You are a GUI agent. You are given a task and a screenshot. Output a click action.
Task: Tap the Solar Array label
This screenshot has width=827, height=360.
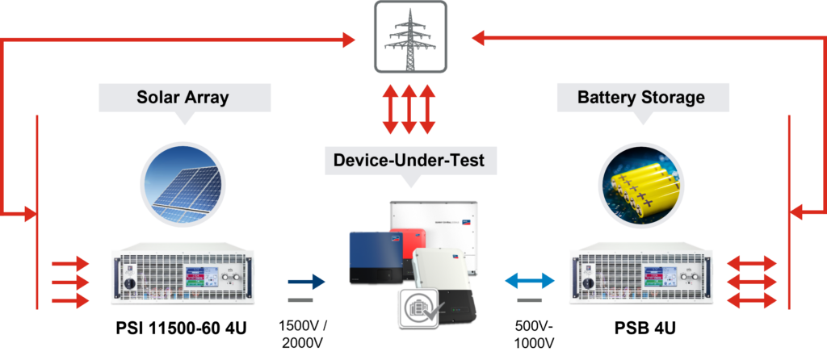click(183, 98)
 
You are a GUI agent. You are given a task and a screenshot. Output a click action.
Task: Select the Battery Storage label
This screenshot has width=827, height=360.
click(641, 98)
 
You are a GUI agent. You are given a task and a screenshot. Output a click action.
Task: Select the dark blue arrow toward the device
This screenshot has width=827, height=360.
click(307, 282)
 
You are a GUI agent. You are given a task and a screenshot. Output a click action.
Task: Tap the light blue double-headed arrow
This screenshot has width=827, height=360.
click(530, 281)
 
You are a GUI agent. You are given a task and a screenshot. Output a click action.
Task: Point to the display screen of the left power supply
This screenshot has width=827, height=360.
click(200, 275)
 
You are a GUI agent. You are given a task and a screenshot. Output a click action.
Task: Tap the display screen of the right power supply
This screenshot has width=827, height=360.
click(657, 275)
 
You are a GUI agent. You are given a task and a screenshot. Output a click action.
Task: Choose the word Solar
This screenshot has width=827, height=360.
click(157, 98)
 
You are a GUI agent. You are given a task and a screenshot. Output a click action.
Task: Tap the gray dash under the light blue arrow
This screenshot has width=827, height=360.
click(530, 301)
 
